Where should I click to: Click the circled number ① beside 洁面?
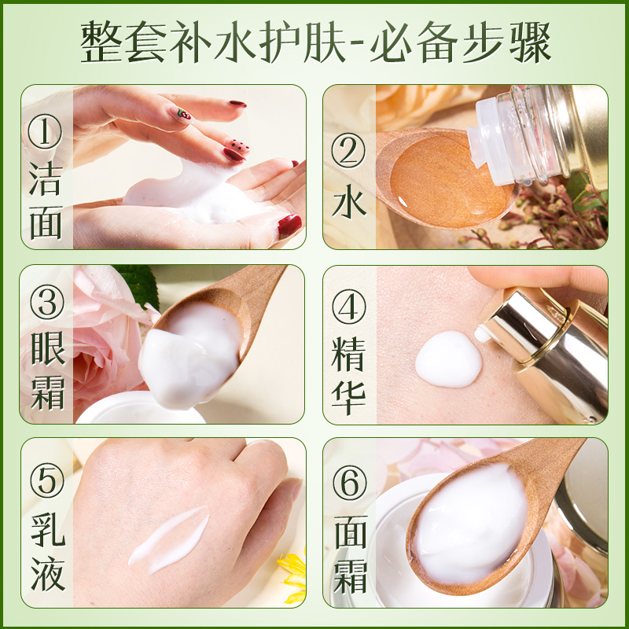click(x=45, y=131)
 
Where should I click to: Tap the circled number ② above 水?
click(x=348, y=150)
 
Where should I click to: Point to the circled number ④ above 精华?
click(x=348, y=307)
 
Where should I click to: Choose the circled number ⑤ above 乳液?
click(x=47, y=480)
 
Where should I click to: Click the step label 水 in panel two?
click(x=349, y=201)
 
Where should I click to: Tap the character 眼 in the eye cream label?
click(x=48, y=349)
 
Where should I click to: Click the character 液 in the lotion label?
click(x=48, y=574)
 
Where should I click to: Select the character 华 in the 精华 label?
click(x=348, y=397)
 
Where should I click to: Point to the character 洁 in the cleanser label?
click(x=46, y=179)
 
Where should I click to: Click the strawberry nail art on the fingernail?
click(x=184, y=114)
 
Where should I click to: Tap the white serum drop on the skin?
click(x=448, y=359)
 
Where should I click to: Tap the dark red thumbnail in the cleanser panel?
click(x=289, y=226)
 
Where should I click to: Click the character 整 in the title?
click(x=102, y=42)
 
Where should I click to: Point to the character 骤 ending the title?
click(x=530, y=42)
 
